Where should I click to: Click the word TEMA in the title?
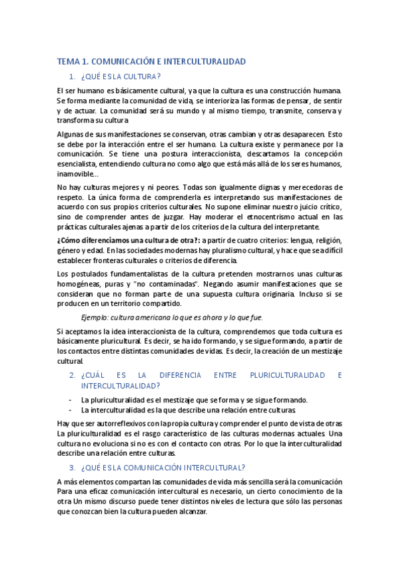[67, 61]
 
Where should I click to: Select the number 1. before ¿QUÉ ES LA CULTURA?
[73, 77]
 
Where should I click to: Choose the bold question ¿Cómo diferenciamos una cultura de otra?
[128, 241]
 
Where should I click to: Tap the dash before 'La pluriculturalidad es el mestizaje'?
[71, 400]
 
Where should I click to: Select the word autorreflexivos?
[125, 424]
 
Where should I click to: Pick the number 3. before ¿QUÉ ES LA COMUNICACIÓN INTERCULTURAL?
[73, 467]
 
